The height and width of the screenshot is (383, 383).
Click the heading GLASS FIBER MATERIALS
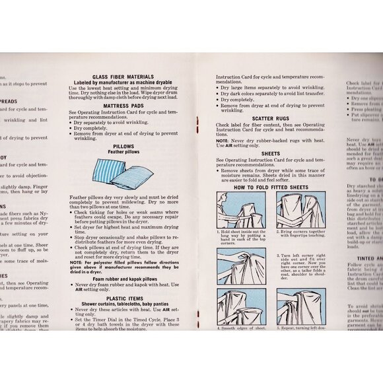click(x=123, y=77)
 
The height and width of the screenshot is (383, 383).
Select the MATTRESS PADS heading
click(x=123, y=104)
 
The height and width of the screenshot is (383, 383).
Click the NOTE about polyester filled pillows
click(x=123, y=264)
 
